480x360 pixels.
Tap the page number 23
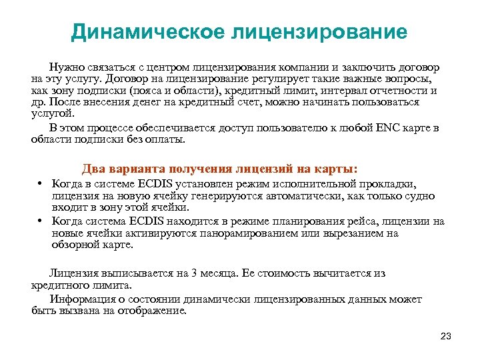click(x=446, y=336)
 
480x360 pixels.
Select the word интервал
click(x=346, y=91)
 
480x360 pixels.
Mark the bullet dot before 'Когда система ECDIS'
click(x=41, y=221)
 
